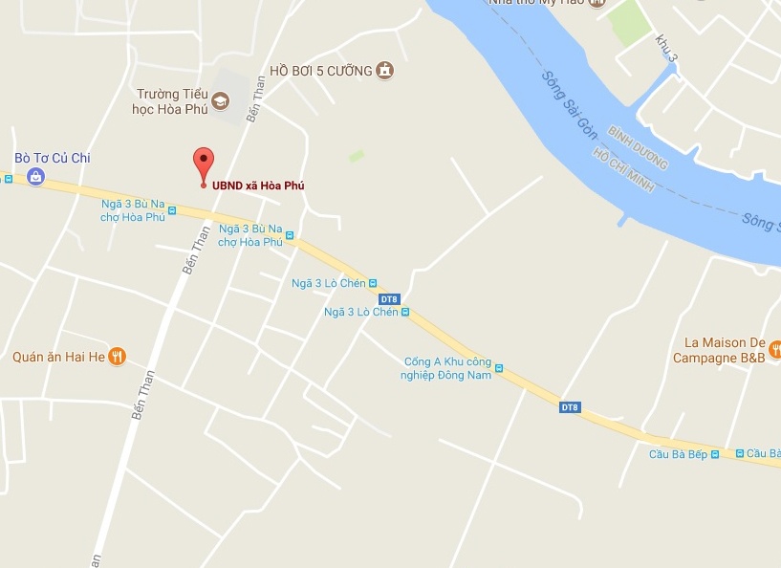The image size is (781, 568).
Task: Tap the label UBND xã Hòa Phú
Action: [258, 186]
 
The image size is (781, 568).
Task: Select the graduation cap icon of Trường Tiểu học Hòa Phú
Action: [221, 100]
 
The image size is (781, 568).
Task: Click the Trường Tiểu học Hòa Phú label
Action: [173, 101]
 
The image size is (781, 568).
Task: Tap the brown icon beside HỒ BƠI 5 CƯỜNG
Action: [384, 70]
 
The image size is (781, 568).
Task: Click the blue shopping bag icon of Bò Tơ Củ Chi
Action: [35, 176]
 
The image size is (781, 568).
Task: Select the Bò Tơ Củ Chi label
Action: [53, 158]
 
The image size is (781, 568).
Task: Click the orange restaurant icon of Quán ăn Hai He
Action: [117, 357]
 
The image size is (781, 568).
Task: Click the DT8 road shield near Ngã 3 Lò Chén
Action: [388, 299]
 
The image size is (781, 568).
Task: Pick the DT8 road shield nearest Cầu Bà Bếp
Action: [570, 407]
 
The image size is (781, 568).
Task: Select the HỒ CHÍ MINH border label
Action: [622, 170]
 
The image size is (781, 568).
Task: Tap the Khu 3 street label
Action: [666, 49]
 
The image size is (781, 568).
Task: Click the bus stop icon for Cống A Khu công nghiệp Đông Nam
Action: [498, 368]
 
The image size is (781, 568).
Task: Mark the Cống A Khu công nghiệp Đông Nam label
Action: [447, 368]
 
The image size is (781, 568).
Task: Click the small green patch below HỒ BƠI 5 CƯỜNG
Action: [357, 155]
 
